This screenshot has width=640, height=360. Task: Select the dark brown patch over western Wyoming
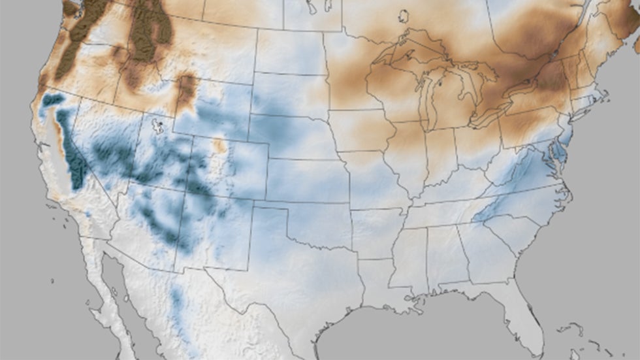coord(187,89)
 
